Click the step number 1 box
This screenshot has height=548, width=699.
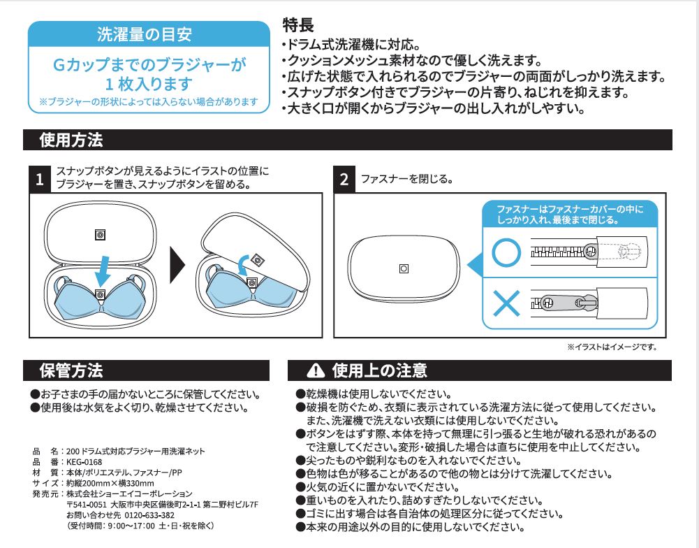[x=40, y=180]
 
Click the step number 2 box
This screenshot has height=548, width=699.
[x=344, y=180]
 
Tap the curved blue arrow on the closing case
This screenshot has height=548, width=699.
[x=242, y=266]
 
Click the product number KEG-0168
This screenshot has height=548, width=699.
[x=84, y=461]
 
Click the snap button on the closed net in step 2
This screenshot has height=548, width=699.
[x=404, y=268]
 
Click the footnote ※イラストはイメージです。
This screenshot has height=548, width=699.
[x=611, y=346]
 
